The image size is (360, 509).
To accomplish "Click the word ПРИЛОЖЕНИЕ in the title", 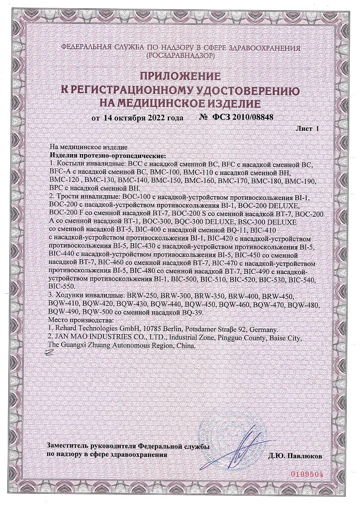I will click(x=180, y=76).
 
